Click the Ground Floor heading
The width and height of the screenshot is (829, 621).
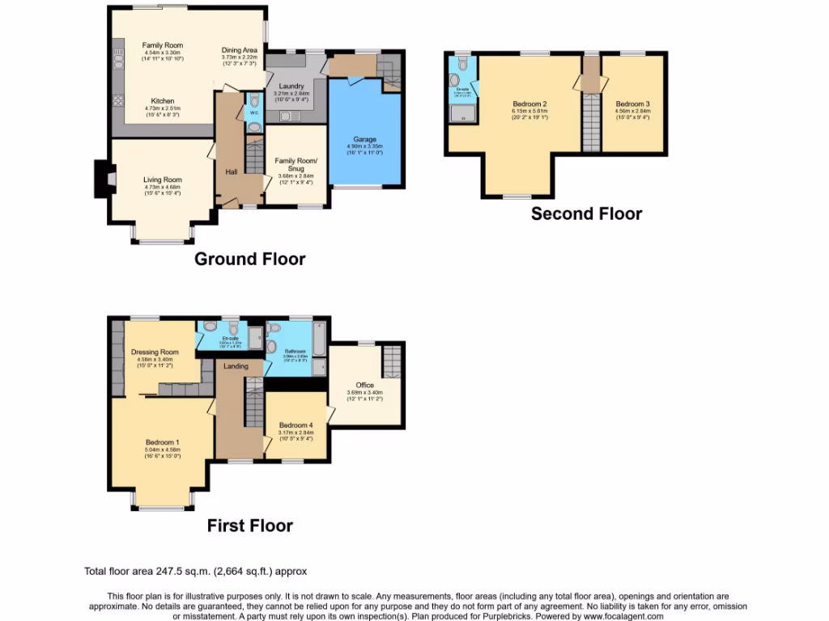pyautogui.click(x=249, y=260)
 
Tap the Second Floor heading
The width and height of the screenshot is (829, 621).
pyautogui.click(x=586, y=214)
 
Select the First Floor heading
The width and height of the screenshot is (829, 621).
pyautogui.click(x=249, y=526)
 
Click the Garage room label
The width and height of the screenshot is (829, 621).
pyautogui.click(x=365, y=139)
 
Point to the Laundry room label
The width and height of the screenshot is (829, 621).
pyautogui.click(x=291, y=87)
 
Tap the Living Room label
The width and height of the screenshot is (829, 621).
pyautogui.click(x=163, y=180)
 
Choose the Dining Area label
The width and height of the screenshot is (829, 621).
pyautogui.click(x=240, y=50)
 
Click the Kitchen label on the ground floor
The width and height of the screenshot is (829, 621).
pyautogui.click(x=163, y=101)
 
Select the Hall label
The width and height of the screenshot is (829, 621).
pyautogui.click(x=231, y=171)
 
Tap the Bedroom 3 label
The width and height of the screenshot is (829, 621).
pyautogui.click(x=632, y=104)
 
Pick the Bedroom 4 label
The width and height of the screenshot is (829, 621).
pyautogui.click(x=295, y=425)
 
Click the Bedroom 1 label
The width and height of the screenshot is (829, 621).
pyautogui.click(x=163, y=443)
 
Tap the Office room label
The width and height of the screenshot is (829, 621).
pyautogui.click(x=364, y=385)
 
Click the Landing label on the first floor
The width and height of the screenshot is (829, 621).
pyautogui.click(x=236, y=366)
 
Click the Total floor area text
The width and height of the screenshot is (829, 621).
pyautogui.click(x=195, y=571)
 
